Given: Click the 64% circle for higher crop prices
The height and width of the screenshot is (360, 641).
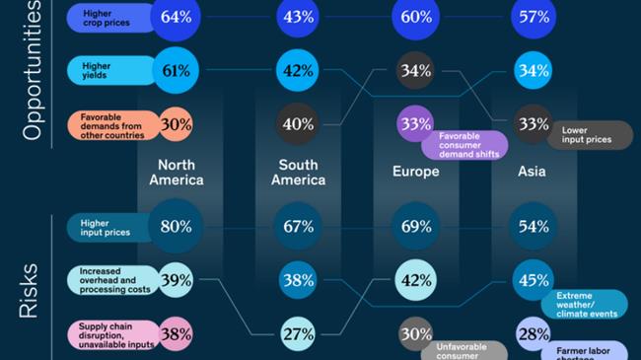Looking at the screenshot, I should [x=176, y=17].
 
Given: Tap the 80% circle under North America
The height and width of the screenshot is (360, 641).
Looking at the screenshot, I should [x=176, y=226].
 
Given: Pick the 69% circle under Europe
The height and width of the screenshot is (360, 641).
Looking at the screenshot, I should [x=415, y=226].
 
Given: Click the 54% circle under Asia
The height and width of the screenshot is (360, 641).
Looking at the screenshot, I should [x=534, y=226].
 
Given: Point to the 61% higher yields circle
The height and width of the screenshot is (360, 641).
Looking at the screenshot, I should [x=178, y=70].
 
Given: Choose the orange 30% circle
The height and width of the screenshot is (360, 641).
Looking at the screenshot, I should [x=176, y=124].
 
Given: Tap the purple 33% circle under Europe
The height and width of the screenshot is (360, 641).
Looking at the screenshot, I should [x=415, y=124].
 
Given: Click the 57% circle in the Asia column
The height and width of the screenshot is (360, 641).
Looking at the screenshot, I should [x=534, y=17].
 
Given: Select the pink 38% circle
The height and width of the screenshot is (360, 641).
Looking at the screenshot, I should [x=176, y=333].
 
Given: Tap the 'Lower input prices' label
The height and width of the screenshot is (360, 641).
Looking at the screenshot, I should [x=590, y=135].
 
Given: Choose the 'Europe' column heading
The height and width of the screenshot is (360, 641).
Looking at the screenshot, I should [x=415, y=172].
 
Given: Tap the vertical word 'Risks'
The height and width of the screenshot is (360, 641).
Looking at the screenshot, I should [x=31, y=290].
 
